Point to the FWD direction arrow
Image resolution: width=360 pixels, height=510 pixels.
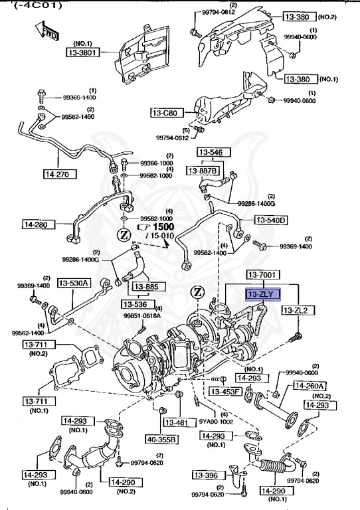pos(39,30)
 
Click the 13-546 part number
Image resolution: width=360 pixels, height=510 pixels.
pos(211,152)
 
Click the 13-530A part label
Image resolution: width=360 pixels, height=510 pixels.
pos(74,283)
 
